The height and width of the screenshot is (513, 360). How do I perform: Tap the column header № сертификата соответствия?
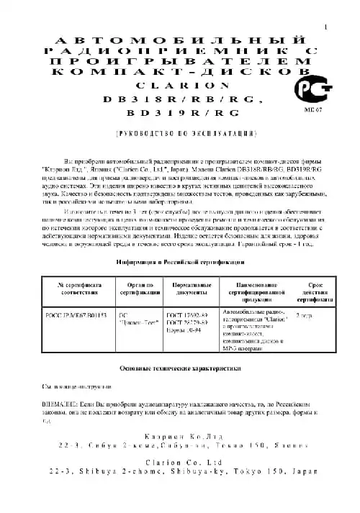coord(76,289)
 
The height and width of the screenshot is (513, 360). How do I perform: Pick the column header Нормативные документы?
coord(191,289)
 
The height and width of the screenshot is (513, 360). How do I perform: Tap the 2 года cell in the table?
coord(305,316)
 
